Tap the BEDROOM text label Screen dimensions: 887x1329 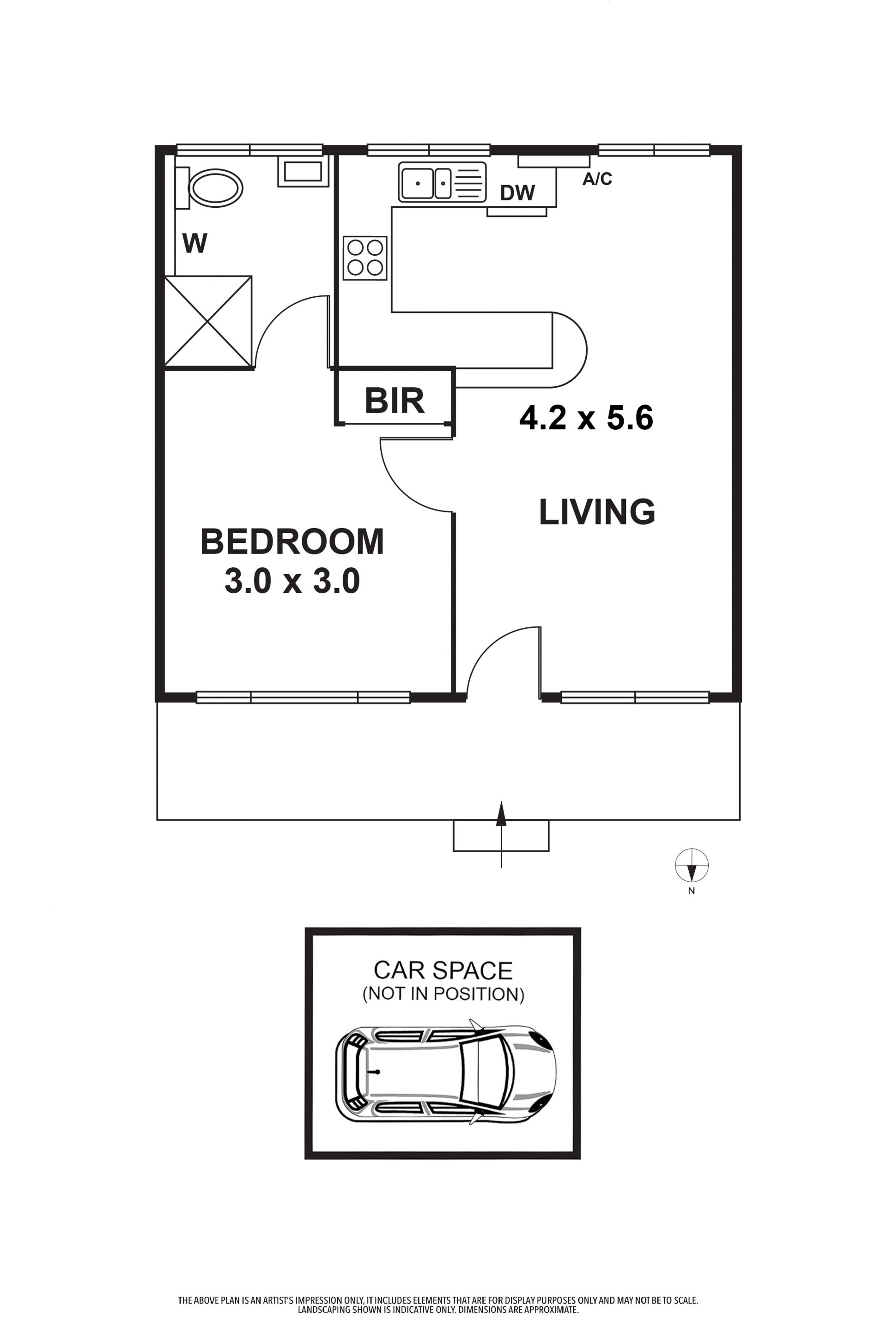pos(292,541)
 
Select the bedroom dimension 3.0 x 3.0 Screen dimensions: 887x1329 pos(292,581)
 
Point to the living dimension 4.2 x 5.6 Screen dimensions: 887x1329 pos(586,418)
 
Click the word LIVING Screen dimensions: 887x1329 pos(597,511)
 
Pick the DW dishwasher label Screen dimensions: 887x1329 pos(517,193)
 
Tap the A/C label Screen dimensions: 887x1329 pos(597,179)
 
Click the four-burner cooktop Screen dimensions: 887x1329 pos(365,258)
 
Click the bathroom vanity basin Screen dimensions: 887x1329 pos(303,172)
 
